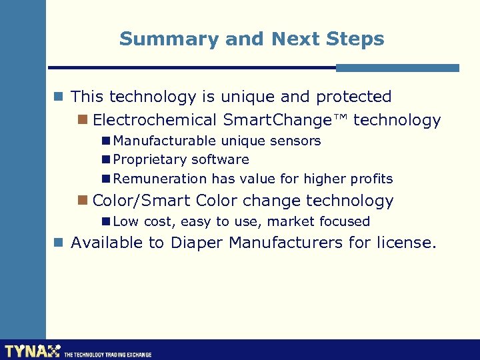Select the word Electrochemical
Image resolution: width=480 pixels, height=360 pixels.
(x=155, y=121)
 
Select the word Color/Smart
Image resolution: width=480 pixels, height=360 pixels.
(x=142, y=201)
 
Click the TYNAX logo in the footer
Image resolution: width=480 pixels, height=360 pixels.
(x=32, y=351)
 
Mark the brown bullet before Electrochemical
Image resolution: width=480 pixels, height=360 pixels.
(x=83, y=121)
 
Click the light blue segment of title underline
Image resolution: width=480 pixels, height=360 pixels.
(x=397, y=68)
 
